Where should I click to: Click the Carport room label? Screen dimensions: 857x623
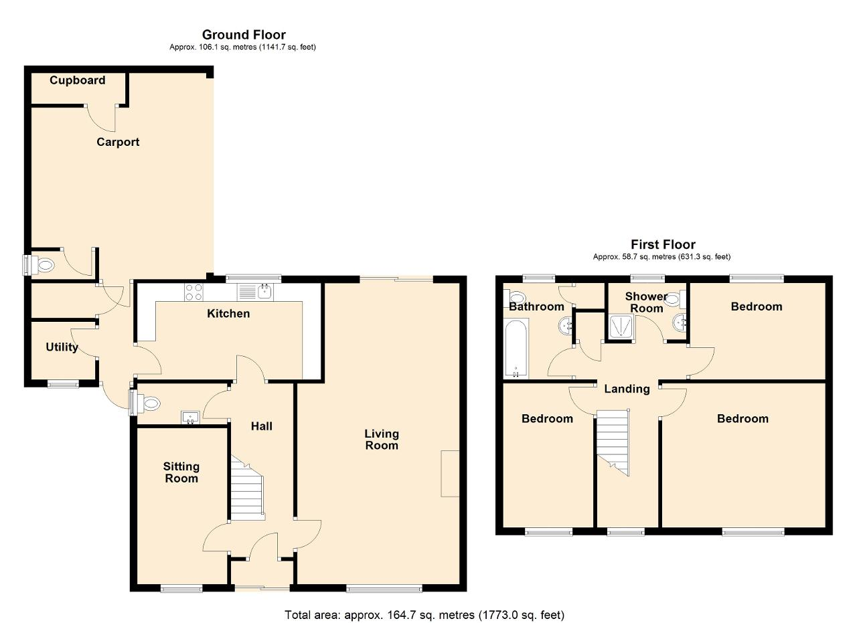[118, 142]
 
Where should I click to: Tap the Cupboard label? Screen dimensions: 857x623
[77, 80]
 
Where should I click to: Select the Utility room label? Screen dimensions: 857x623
[62, 347]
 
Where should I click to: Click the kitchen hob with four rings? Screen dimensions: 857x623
[193, 292]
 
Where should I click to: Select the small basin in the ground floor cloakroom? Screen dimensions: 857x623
[190, 418]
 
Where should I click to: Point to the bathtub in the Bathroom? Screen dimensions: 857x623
[516, 349]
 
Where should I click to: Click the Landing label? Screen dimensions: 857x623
[627, 389]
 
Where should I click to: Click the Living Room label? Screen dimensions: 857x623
[382, 440]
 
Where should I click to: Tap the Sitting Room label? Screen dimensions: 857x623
[181, 472]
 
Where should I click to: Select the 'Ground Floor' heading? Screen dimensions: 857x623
[244, 35]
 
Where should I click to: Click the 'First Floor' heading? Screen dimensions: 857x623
[663, 244]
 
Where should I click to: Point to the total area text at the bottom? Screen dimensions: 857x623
[424, 615]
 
